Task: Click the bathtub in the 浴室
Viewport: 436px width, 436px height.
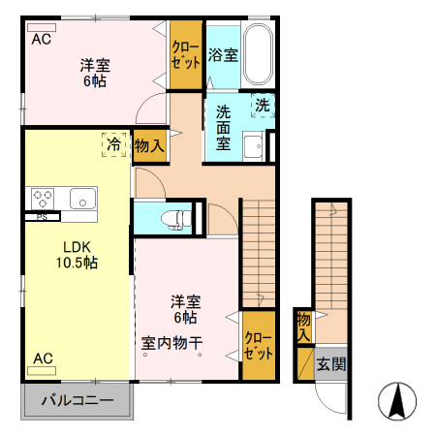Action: point(258,54)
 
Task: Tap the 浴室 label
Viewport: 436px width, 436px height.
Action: point(222,55)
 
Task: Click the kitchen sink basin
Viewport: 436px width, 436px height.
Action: point(79,199)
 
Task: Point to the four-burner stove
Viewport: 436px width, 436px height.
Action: point(43,198)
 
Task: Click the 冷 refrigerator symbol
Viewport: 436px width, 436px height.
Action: point(114,144)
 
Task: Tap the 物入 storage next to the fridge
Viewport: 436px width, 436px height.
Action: point(148,145)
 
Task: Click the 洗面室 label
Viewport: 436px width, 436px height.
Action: point(223,126)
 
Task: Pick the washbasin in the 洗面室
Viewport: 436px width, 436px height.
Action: point(253,147)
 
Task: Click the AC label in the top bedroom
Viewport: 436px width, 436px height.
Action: point(41,40)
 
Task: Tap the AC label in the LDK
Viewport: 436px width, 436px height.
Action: point(43,358)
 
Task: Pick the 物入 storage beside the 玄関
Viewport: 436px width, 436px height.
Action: point(303,326)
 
